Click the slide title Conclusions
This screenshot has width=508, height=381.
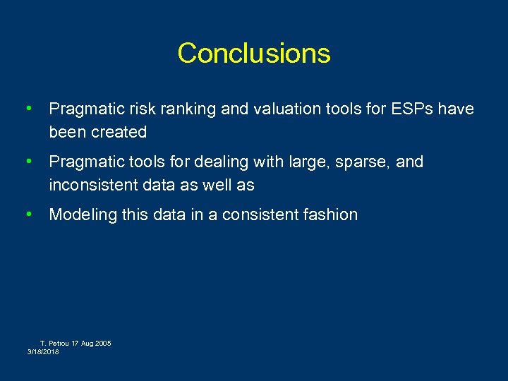pyautogui.click(x=254, y=54)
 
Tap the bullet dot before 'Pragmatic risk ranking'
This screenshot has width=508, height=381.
pyautogui.click(x=28, y=109)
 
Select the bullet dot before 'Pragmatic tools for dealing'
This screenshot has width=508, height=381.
pyautogui.click(x=28, y=162)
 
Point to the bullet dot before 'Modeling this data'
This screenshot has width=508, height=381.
pyautogui.click(x=28, y=214)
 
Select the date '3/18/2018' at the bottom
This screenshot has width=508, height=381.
pyautogui.click(x=44, y=351)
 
